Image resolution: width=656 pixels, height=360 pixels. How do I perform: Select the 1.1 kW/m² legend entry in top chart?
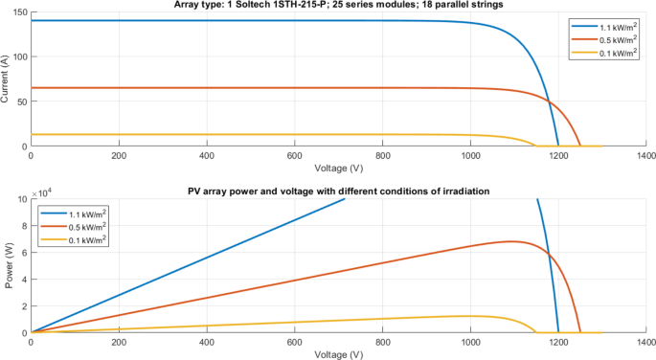pos(607,26)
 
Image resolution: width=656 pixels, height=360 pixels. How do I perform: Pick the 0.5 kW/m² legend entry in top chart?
pos(607,39)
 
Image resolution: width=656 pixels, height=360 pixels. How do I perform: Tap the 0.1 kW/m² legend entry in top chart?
pos(607,53)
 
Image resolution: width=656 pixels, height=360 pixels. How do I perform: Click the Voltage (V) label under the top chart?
pos(338,167)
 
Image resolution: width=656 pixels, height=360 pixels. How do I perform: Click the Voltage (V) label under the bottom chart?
pos(338,353)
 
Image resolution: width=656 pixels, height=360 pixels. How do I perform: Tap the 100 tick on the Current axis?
pos(20,57)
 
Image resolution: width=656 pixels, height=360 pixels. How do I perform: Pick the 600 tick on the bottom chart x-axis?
pos(295,342)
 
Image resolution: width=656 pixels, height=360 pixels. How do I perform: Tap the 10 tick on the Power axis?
pos(23,200)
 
